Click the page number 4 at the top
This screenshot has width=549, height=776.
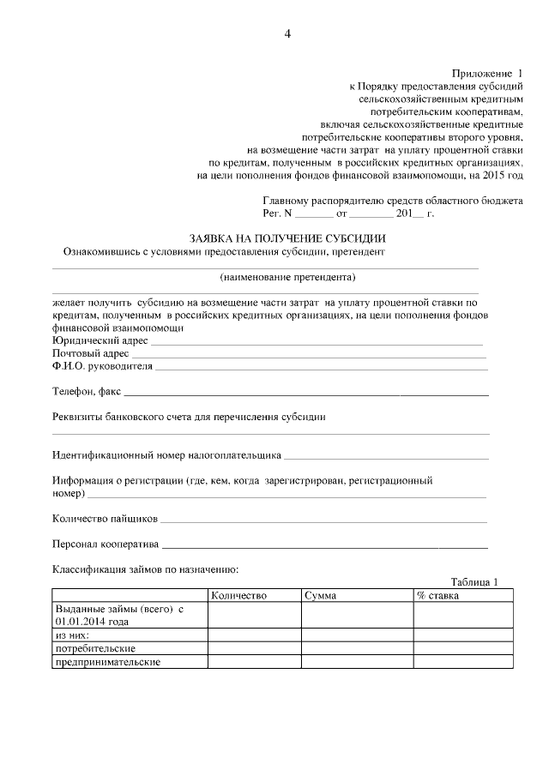pyautogui.click(x=287, y=34)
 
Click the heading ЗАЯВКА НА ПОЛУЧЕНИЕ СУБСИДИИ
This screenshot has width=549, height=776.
pyautogui.click(x=287, y=238)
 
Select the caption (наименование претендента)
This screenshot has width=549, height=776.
pyautogui.click(x=287, y=277)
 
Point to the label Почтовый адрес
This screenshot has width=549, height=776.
pyautogui.click(x=91, y=353)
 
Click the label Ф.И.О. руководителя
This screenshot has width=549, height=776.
pyautogui.click(x=102, y=366)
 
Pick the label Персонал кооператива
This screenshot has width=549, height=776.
pyautogui.click(x=106, y=544)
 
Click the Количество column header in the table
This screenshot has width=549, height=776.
pyautogui.click(x=239, y=595)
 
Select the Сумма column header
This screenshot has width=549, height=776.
pyautogui.click(x=320, y=595)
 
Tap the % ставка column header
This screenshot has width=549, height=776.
pyautogui.click(x=437, y=595)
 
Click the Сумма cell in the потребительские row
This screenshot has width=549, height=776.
pyautogui.click(x=356, y=648)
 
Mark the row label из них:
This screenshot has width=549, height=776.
pyautogui.click(x=72, y=635)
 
